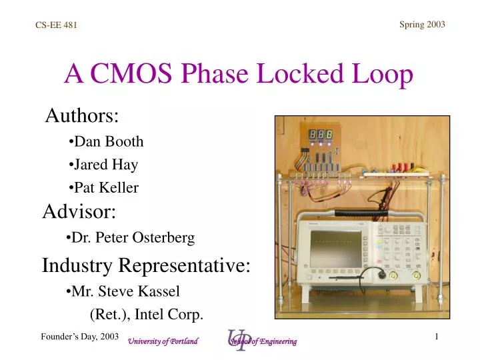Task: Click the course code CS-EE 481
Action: click(56, 25)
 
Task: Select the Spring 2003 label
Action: click(422, 25)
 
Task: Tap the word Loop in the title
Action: click(382, 75)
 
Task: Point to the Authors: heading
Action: click(82, 116)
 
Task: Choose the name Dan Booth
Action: click(106, 141)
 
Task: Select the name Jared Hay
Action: click(103, 164)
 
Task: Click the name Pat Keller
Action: click(103, 188)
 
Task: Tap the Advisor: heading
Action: click(79, 212)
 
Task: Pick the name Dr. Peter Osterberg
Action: click(131, 237)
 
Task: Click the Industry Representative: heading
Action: click(146, 265)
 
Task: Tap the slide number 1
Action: click(436, 337)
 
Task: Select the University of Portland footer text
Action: click(163, 341)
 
